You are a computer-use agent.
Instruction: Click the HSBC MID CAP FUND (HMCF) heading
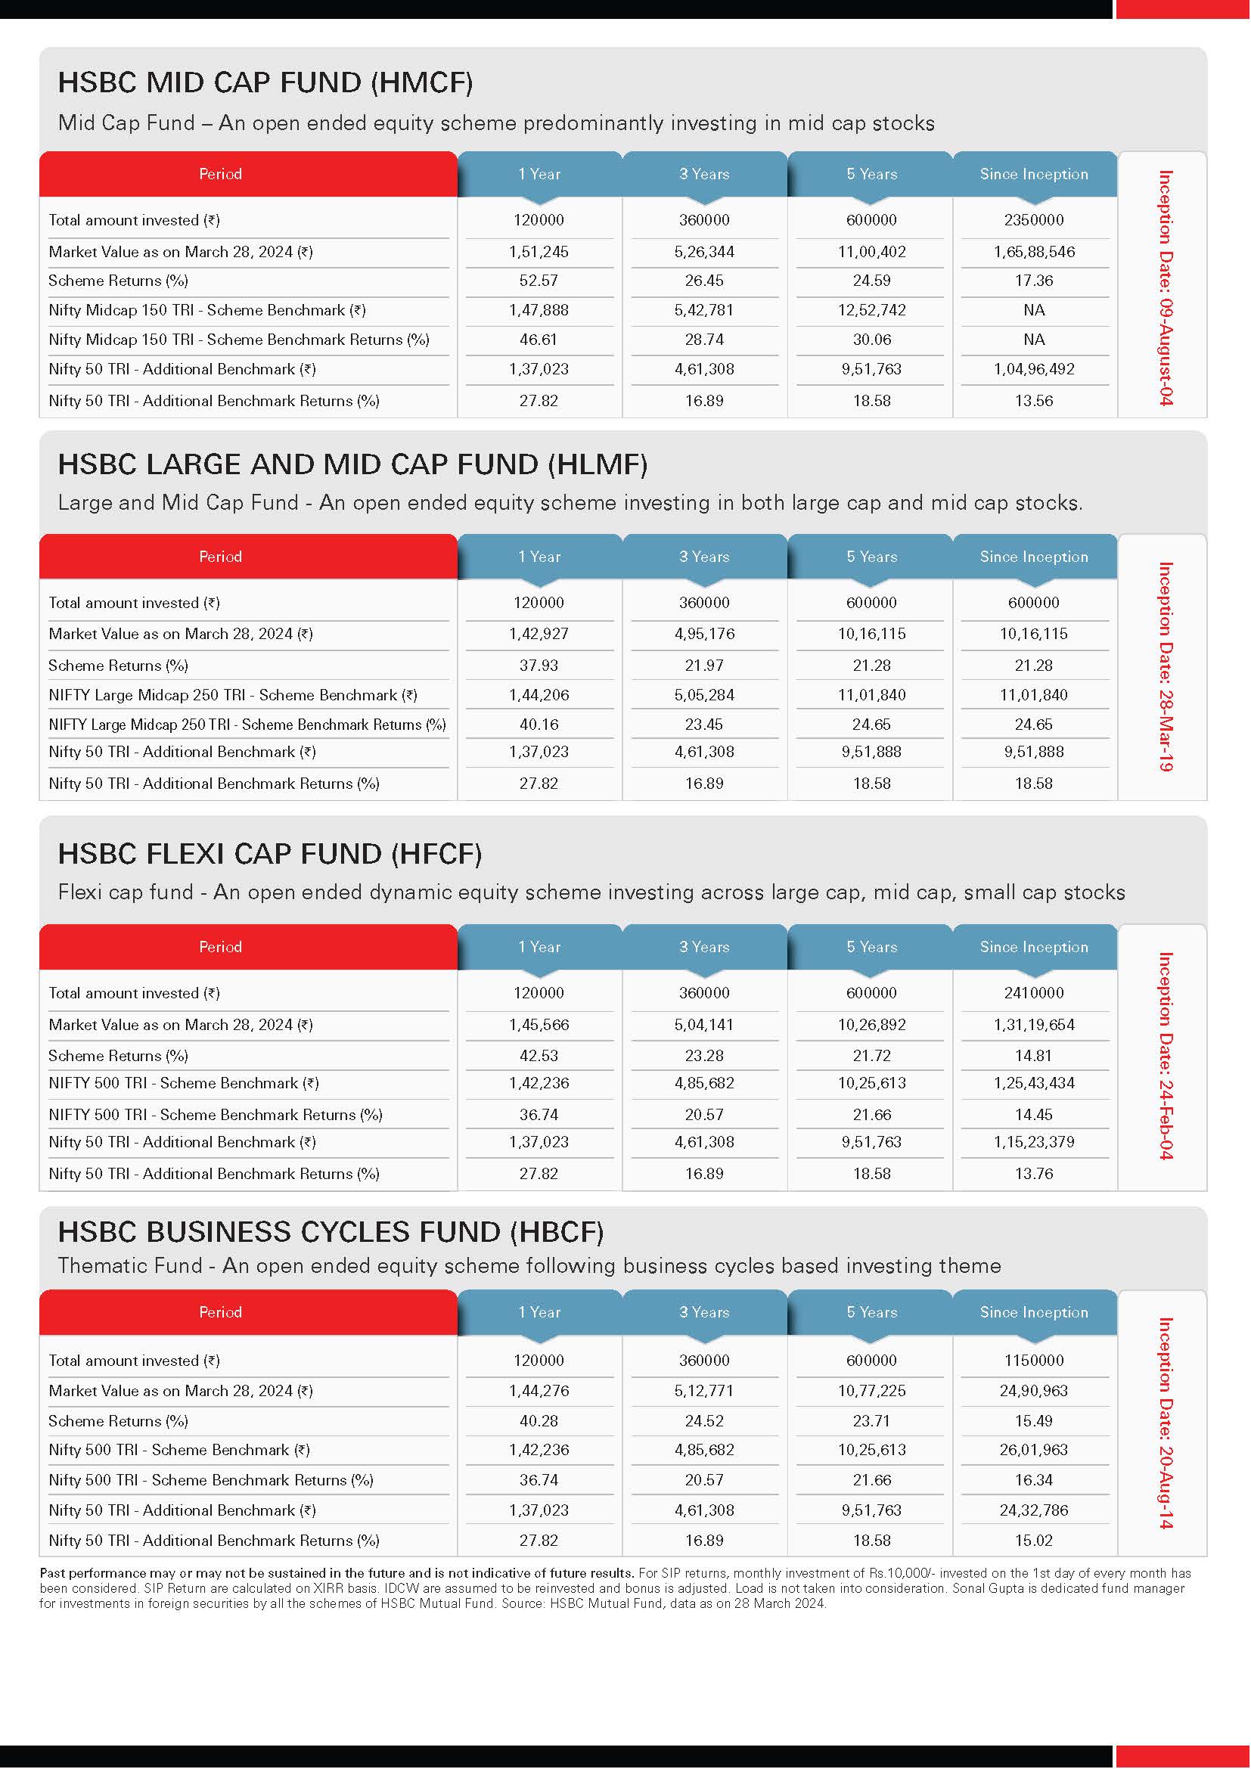265,82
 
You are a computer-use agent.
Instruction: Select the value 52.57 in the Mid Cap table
539,281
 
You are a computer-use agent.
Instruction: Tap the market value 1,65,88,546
1034,252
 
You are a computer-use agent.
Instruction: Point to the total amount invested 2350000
1034,220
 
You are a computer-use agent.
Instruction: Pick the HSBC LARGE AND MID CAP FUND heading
352,464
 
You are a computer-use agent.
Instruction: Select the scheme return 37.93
539,665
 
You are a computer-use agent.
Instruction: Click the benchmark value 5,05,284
704,695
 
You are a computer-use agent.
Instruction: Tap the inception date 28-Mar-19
1166,666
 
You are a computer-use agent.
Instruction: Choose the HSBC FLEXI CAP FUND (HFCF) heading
269,854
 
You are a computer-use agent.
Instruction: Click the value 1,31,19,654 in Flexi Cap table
1034,1025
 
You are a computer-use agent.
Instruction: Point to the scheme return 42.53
539,1056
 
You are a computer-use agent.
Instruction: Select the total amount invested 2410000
1034,993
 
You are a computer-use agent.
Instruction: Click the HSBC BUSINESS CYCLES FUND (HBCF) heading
331,1232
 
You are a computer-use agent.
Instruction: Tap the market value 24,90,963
1034,1391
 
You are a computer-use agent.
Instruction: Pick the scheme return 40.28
539,1421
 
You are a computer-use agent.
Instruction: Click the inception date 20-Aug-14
1166,1423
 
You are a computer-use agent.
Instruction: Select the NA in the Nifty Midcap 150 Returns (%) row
1034,340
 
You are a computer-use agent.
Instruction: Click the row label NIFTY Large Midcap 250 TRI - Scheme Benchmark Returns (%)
247,725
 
